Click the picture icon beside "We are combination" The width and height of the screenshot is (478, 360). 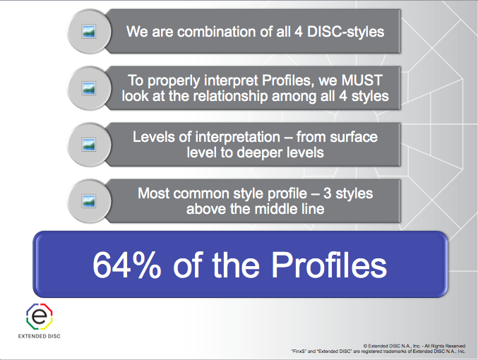click(x=88, y=31)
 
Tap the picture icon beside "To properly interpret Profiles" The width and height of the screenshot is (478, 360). click(x=88, y=88)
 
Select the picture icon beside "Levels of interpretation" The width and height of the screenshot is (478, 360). click(x=88, y=144)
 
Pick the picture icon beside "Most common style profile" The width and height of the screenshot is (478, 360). click(x=88, y=200)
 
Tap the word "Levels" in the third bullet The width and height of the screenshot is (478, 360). click(x=153, y=136)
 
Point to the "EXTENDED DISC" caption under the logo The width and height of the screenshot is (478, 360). click(x=40, y=336)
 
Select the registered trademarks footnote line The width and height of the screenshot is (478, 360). click(x=378, y=351)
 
